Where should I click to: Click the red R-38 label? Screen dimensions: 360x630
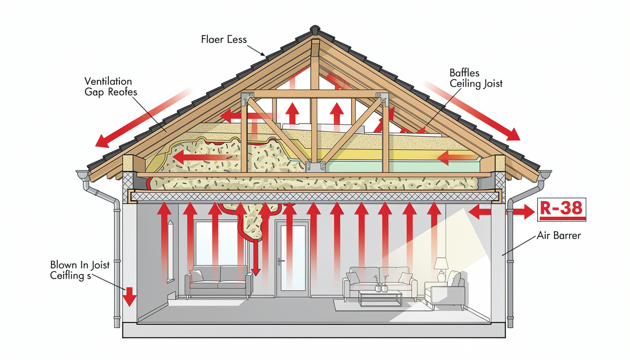click(x=561, y=209)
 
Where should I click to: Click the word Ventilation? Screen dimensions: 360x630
click(x=108, y=82)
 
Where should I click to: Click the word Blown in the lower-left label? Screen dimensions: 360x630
click(x=64, y=265)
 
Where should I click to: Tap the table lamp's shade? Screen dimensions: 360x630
click(x=441, y=264)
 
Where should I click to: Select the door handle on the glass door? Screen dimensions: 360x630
click(x=280, y=261)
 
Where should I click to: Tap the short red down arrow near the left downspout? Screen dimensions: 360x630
click(x=129, y=296)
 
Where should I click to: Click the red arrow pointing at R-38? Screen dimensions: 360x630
click(x=521, y=212)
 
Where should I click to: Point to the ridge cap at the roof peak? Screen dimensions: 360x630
click(x=314, y=30)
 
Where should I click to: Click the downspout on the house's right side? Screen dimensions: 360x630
click(x=510, y=262)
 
